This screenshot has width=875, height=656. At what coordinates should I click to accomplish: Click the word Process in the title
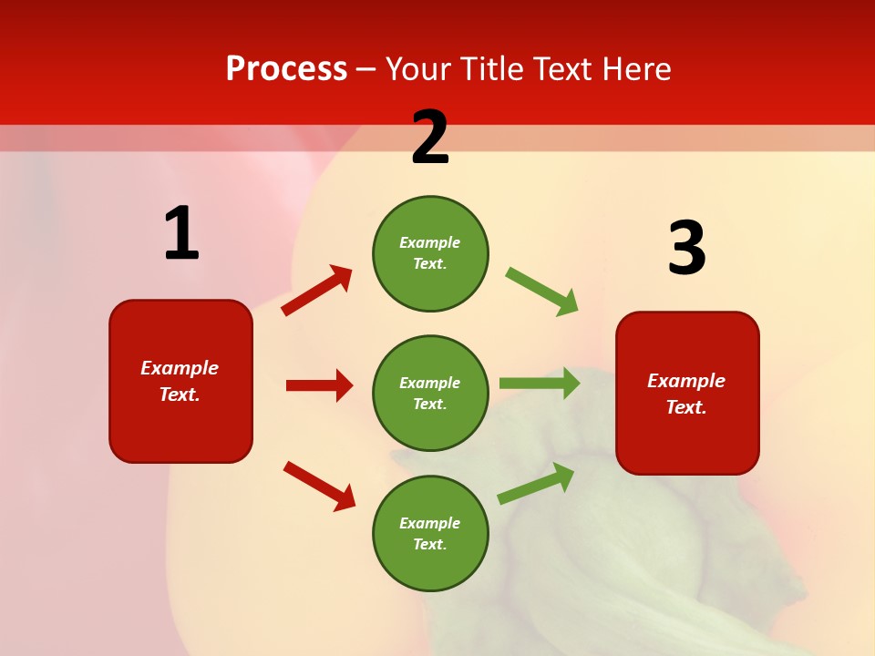tap(286, 69)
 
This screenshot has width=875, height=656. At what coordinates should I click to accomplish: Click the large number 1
tap(181, 234)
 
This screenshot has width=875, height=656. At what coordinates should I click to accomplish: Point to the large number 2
tap(430, 138)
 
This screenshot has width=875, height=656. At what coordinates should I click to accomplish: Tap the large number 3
tap(686, 249)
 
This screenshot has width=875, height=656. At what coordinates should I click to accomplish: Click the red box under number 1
tap(180, 381)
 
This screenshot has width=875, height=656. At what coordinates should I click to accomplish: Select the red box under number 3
tap(687, 394)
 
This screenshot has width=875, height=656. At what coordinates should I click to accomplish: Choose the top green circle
tap(430, 253)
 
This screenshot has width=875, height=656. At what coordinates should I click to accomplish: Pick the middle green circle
tap(430, 394)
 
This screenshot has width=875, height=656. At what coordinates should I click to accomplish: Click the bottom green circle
tap(430, 534)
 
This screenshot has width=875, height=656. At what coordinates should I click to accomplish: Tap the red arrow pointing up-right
tap(317, 290)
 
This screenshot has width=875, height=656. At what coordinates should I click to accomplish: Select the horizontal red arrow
tap(319, 385)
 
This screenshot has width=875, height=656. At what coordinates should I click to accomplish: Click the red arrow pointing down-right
tap(319, 486)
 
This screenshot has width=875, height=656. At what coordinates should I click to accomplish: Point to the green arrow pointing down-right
tap(542, 292)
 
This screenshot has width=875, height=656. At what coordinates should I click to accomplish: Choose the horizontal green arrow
tap(540, 383)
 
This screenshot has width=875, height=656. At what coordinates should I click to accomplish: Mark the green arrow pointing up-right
tap(536, 483)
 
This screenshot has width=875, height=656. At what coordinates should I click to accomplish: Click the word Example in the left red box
tap(180, 368)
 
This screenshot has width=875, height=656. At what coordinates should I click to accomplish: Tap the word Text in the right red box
tap(685, 407)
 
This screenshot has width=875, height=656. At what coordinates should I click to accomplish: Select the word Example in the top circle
tap(429, 242)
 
